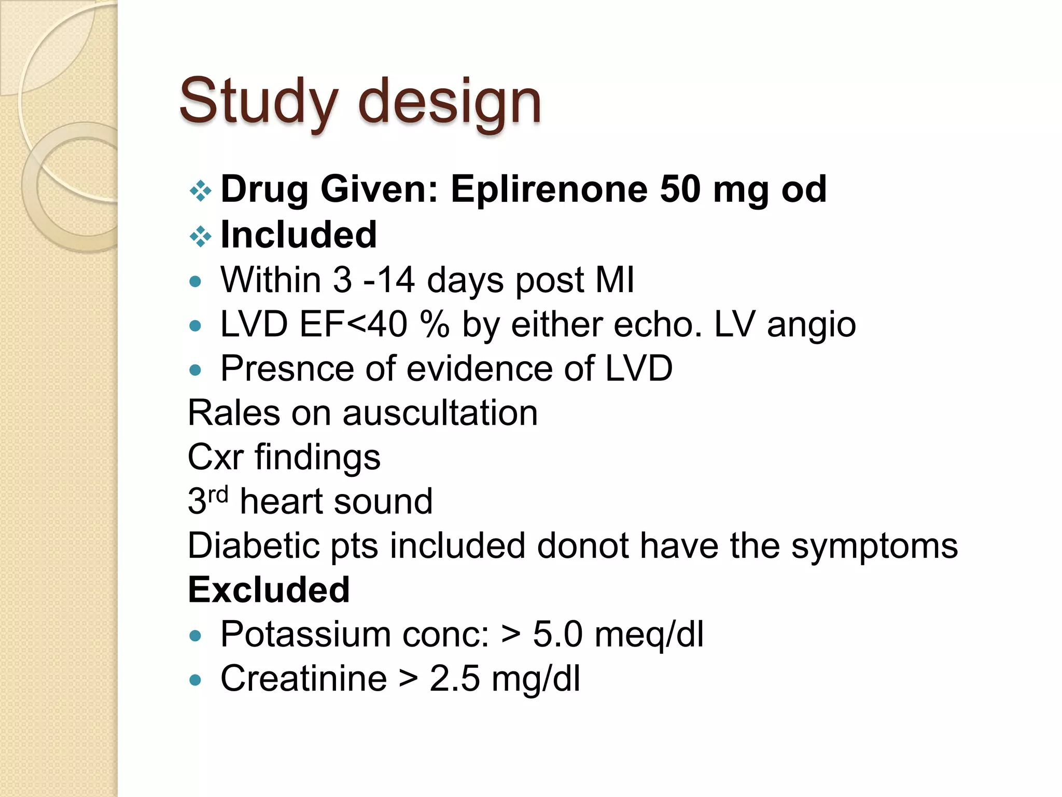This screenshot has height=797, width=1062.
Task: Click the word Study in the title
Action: [x=259, y=101]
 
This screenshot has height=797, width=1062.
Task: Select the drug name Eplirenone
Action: [x=549, y=189]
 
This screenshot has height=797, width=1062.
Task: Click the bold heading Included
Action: [x=299, y=235]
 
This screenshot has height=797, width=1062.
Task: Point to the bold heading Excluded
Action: [x=269, y=590]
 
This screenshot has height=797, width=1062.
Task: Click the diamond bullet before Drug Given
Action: [x=200, y=191]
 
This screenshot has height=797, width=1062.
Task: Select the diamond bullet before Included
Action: [x=200, y=237]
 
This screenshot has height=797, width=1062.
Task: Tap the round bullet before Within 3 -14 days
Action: [x=195, y=282]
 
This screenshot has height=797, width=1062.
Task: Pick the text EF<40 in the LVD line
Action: [x=353, y=325]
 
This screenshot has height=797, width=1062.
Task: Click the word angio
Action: [x=811, y=326]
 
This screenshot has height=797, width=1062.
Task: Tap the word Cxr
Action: [x=215, y=458]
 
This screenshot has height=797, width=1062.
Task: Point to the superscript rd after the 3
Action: [x=218, y=494]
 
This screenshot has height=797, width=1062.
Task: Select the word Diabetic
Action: [x=253, y=546]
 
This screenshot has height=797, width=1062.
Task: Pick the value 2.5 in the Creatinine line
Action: [x=454, y=679]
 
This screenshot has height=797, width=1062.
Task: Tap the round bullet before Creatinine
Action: [x=195, y=680]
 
